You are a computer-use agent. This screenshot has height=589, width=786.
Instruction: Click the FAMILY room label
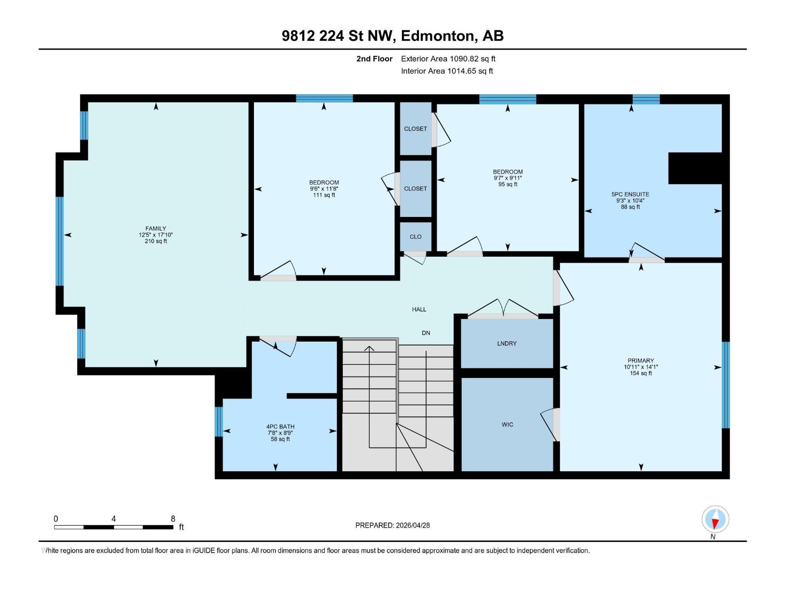click(156, 228)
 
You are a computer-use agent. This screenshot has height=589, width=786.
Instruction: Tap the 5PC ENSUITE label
click(630, 194)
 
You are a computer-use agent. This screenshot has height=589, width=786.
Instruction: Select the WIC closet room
click(507, 425)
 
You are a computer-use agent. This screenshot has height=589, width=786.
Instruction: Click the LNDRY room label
click(506, 344)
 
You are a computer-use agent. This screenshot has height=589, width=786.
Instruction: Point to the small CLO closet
click(416, 237)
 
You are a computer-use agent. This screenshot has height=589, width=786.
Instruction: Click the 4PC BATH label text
click(281, 427)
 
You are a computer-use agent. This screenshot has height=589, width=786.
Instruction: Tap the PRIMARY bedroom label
click(641, 360)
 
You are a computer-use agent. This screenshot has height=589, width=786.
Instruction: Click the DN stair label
click(426, 333)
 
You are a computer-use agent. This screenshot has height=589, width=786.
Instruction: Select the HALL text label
click(419, 309)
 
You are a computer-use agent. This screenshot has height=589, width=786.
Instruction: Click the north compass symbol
click(715, 519)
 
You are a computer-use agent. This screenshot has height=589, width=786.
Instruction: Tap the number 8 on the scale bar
click(173, 519)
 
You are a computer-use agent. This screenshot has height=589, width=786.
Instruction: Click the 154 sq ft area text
click(641, 374)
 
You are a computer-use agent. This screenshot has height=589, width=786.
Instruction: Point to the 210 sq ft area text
click(156, 241)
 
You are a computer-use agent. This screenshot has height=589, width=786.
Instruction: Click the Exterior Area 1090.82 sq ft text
click(448, 59)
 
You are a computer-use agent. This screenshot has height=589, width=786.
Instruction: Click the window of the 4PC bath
click(219, 422)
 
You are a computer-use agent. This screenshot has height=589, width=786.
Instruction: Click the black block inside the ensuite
click(695, 168)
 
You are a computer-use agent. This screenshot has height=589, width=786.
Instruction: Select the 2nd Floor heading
click(374, 59)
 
